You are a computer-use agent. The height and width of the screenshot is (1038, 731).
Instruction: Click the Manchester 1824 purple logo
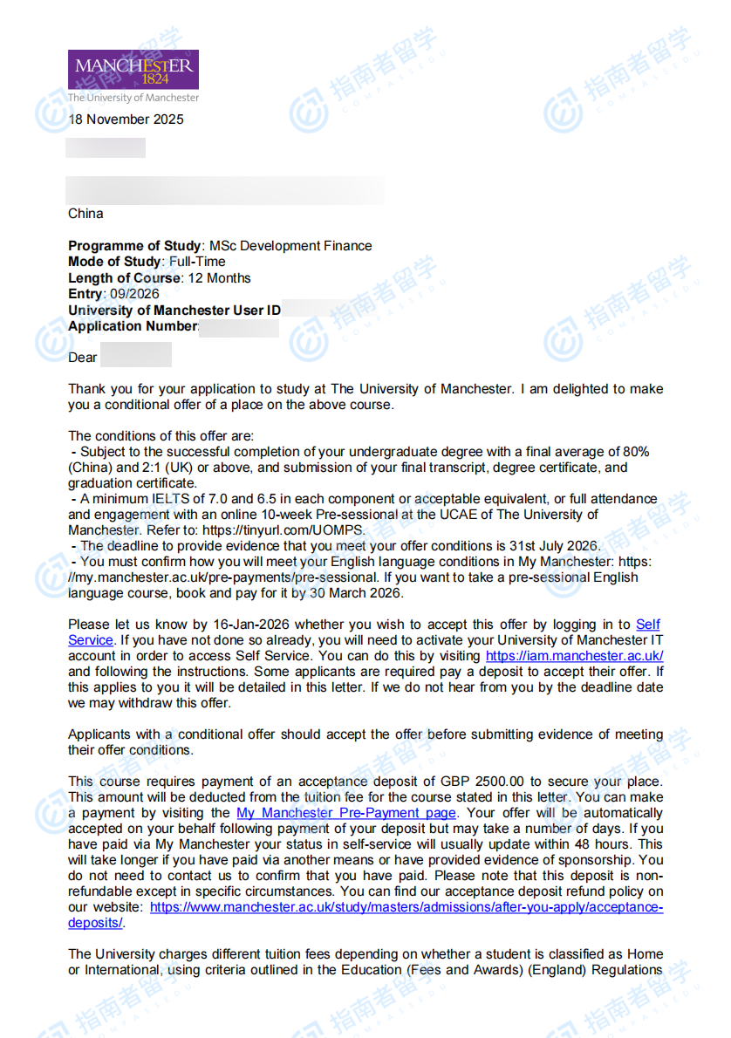point(133,69)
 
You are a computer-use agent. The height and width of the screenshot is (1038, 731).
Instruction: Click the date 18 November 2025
point(126,120)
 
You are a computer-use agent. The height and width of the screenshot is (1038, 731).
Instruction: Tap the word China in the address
point(85,214)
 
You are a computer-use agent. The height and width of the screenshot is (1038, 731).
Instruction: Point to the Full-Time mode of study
point(196,262)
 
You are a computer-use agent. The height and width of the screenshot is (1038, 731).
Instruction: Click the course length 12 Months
point(217,278)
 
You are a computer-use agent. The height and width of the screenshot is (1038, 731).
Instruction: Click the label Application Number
point(133,326)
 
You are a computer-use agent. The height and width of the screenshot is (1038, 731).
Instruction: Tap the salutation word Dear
point(83,358)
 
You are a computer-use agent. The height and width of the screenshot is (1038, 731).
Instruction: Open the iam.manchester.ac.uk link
point(574,656)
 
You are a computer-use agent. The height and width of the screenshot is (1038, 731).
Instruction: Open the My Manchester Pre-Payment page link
point(345,813)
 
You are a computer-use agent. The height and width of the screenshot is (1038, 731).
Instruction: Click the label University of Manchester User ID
point(174,311)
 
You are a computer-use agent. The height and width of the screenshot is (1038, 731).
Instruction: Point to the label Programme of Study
point(134,246)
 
